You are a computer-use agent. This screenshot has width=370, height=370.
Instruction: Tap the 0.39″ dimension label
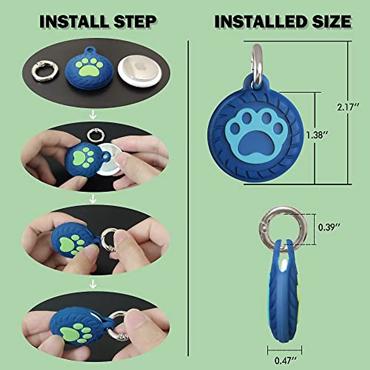coord(329,228)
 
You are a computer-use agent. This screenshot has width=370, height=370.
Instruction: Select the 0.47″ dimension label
coord(284,360)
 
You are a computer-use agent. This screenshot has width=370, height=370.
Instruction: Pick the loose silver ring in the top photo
coord(45,71)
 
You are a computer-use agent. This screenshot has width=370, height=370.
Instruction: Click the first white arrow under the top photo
coord(93,115)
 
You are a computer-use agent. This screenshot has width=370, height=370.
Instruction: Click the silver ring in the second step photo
coord(94,134)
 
